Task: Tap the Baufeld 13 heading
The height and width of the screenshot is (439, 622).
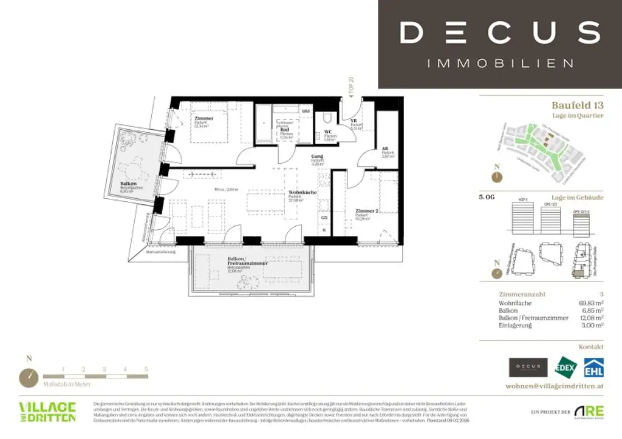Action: [x=577, y=105]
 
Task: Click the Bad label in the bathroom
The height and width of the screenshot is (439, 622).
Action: [x=284, y=130]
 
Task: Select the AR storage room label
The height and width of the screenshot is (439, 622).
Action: [x=384, y=148]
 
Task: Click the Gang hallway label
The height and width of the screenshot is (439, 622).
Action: [x=316, y=156]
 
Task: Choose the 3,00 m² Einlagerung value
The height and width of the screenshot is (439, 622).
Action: [x=592, y=326]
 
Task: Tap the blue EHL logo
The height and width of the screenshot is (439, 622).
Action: [x=593, y=367]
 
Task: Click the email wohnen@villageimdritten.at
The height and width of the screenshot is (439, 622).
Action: [x=554, y=386]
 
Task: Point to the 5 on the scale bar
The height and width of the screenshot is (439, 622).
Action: [x=146, y=369]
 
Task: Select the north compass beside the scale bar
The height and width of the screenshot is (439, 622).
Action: [x=29, y=377]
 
